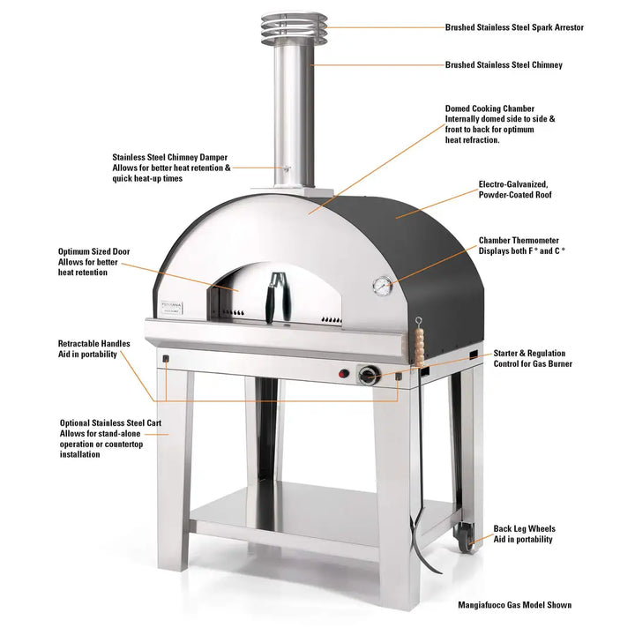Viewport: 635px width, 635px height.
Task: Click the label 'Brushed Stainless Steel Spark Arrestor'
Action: point(514,27)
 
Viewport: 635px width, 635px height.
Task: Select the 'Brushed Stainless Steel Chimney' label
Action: point(504,64)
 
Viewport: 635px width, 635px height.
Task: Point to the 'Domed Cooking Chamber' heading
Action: point(501,108)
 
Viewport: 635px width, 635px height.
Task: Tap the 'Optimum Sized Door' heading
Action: point(93,251)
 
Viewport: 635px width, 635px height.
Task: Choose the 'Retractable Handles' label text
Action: point(94,343)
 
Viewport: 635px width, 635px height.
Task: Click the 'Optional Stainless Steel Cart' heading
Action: point(110,422)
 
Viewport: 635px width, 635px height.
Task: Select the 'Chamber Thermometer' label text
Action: point(519,240)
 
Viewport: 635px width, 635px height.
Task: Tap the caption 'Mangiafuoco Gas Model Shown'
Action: point(514,605)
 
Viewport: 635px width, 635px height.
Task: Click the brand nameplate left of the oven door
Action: point(176,304)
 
